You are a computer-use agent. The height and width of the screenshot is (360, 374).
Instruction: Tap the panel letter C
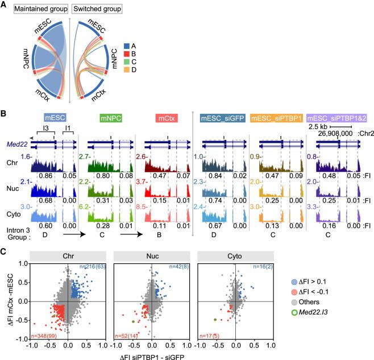[5, 251]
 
